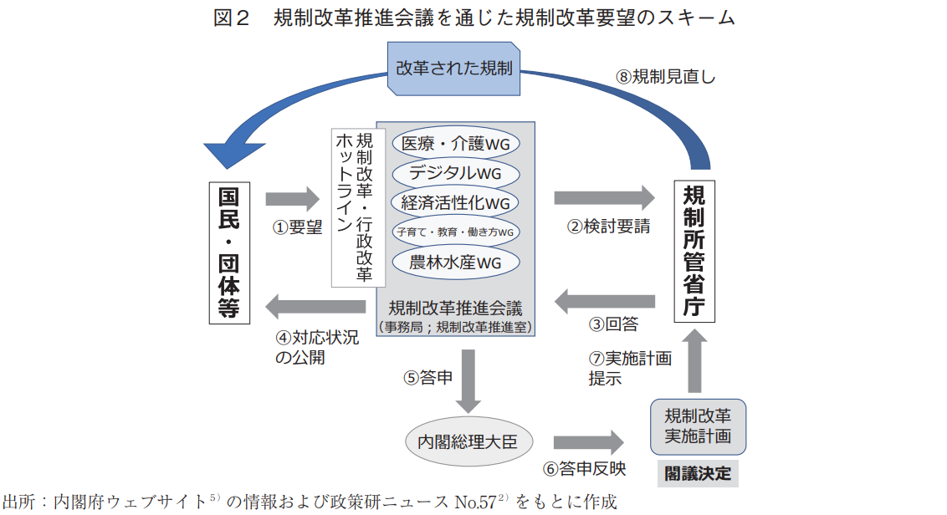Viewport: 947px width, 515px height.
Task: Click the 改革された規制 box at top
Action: pos(454,69)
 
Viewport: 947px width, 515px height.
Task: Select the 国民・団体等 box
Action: pos(229,252)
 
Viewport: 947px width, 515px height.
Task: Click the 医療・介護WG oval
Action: pos(455,144)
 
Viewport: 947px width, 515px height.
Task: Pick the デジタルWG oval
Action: pos(455,173)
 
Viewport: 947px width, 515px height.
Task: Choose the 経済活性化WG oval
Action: pos(455,202)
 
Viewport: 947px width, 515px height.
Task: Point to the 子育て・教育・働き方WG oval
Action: pos(455,232)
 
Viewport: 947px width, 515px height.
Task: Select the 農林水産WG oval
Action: pos(455,262)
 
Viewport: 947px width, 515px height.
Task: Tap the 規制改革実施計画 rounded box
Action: pos(699,426)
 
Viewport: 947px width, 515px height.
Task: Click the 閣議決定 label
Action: pos(698,474)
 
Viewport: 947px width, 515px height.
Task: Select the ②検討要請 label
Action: pos(608,227)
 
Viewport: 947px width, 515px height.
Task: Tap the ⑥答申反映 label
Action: pos(585,469)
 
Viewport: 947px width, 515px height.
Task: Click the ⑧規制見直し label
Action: pos(666,76)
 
